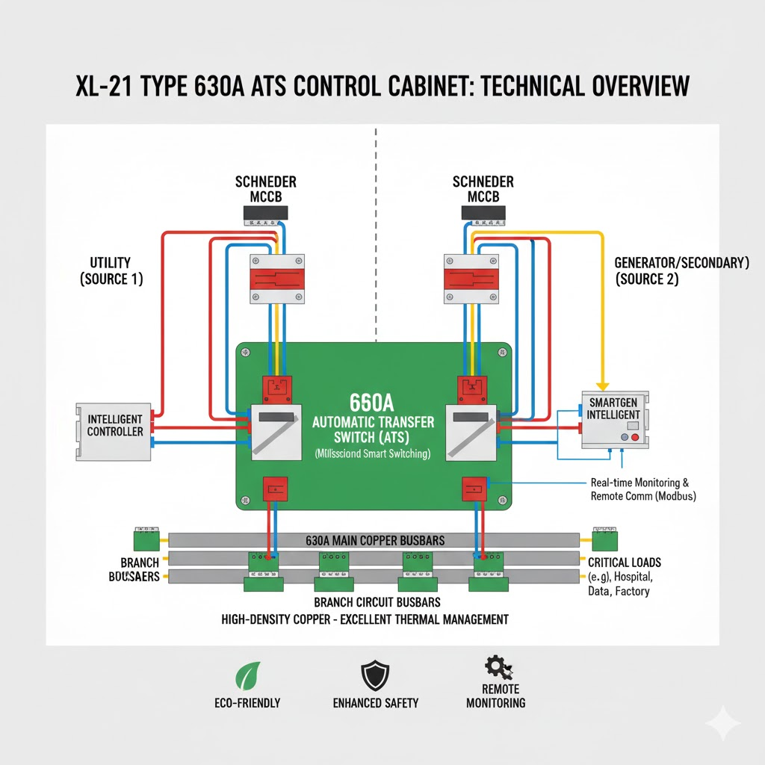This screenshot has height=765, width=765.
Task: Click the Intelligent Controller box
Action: (x=114, y=431)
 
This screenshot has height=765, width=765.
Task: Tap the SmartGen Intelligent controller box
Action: (x=614, y=419)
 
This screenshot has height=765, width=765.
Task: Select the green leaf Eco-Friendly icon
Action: (x=247, y=676)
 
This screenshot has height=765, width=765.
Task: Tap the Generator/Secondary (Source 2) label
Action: (x=681, y=270)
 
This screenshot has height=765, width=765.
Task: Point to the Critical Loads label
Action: (x=625, y=562)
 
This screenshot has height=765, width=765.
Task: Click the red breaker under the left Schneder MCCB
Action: (x=276, y=279)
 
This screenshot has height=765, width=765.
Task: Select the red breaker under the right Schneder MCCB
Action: (x=471, y=279)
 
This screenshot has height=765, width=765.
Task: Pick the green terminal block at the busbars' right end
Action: (x=604, y=539)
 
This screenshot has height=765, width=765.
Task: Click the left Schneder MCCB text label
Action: (x=266, y=188)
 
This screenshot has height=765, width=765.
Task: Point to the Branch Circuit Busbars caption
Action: (x=377, y=602)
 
